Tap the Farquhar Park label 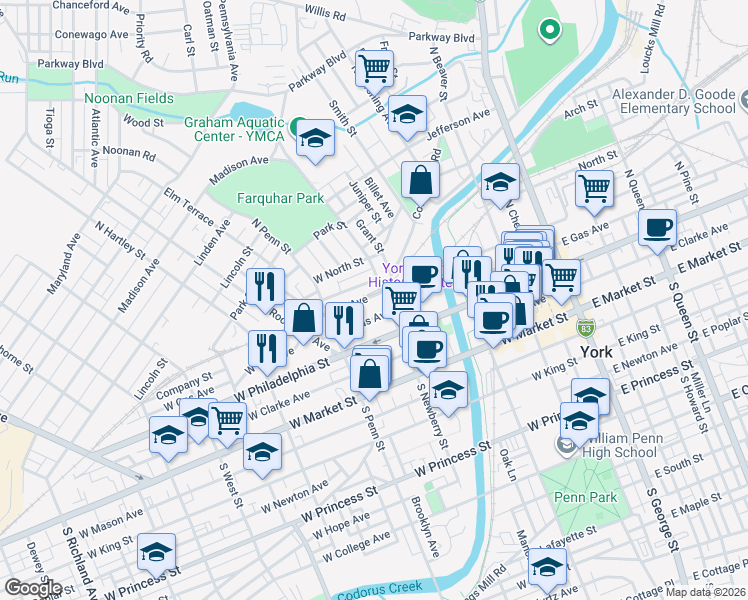279,198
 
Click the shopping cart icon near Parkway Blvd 374,69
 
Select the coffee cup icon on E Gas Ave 657,228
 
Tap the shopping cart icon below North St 594,187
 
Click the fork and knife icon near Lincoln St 265,287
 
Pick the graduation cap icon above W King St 157,552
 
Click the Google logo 33,587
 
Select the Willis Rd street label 325,14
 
